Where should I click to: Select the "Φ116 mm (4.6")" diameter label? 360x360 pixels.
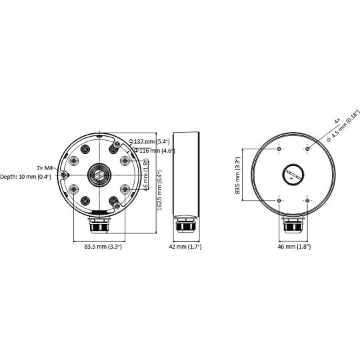tap(155, 151)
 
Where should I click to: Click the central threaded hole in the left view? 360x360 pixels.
tap(99, 174)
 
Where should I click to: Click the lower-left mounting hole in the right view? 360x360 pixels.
tap(277, 199)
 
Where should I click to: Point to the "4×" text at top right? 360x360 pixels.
tap(337, 122)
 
